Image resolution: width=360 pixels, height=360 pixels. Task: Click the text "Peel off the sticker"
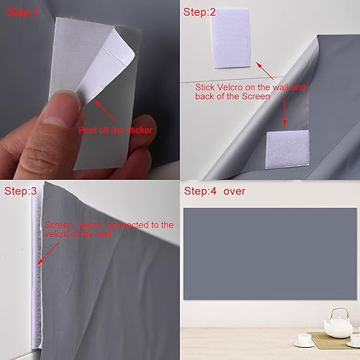112,130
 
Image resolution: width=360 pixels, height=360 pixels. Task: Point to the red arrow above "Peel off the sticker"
104,112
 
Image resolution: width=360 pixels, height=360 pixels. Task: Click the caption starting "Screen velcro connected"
108,230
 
